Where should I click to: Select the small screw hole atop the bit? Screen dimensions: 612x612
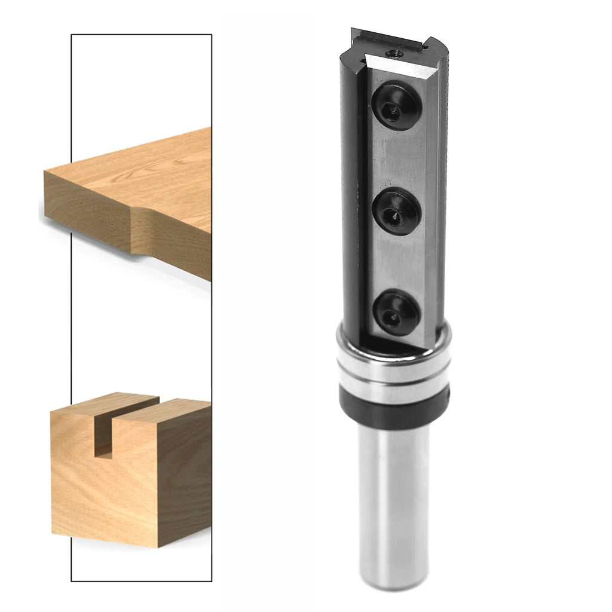(394, 54)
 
